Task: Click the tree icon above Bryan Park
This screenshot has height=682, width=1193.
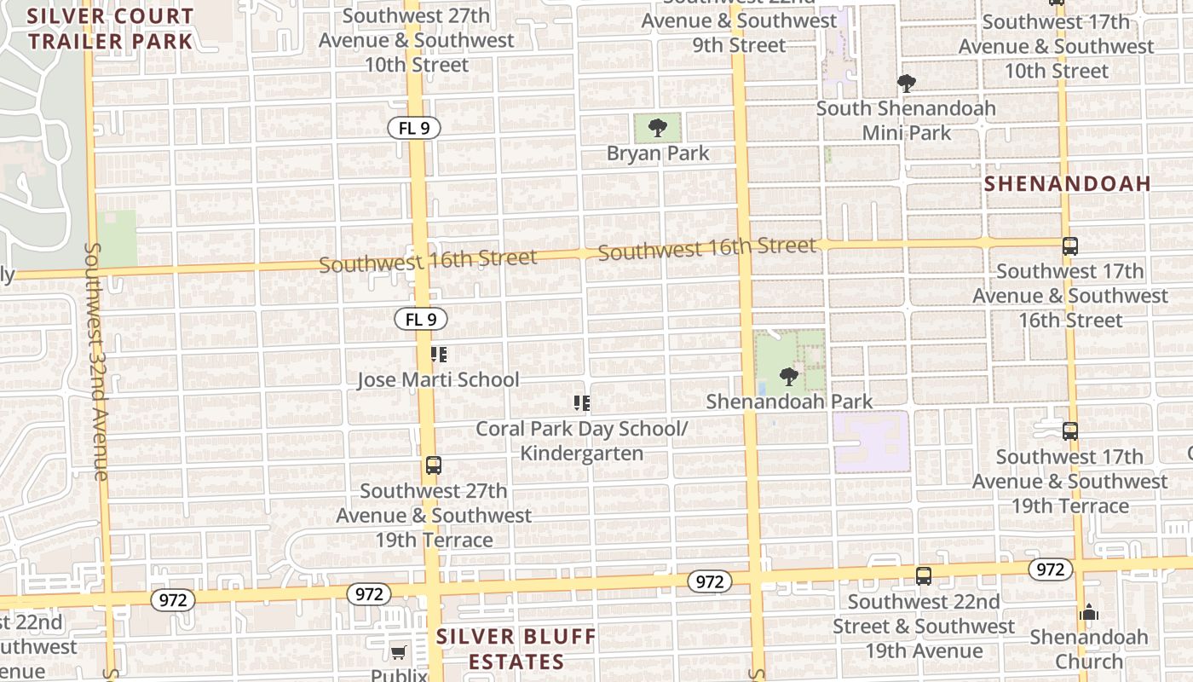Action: [x=657, y=129]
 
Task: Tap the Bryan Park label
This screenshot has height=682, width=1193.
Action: [x=658, y=153]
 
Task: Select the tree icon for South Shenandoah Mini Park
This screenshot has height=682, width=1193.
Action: [x=906, y=84]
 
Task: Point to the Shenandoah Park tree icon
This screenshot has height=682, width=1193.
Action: [x=789, y=376]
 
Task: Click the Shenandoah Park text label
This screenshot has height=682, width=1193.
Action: [x=789, y=402]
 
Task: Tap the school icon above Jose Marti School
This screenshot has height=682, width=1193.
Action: [x=438, y=355]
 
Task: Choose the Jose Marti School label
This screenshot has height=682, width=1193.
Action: [x=438, y=379]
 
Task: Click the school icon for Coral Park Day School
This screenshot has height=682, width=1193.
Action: [x=582, y=403]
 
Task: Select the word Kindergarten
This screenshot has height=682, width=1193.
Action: [x=582, y=453]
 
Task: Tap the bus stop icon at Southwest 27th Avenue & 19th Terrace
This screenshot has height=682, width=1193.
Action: [x=433, y=465]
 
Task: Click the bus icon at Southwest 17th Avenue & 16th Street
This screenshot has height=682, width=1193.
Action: [x=1070, y=246]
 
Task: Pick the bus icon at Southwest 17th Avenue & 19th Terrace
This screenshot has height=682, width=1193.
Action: [x=1070, y=431]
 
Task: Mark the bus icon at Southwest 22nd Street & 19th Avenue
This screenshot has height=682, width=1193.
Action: [x=923, y=576]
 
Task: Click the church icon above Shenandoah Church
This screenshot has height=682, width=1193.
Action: [x=1088, y=612]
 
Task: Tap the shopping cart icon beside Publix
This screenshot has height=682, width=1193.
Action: [x=398, y=653]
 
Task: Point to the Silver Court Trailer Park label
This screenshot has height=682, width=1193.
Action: [x=110, y=28]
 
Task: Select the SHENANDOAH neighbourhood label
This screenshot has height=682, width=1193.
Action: [x=1068, y=183]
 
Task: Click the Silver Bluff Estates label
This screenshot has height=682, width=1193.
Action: [x=516, y=649]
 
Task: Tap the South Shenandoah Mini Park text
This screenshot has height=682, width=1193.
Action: [x=906, y=120]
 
